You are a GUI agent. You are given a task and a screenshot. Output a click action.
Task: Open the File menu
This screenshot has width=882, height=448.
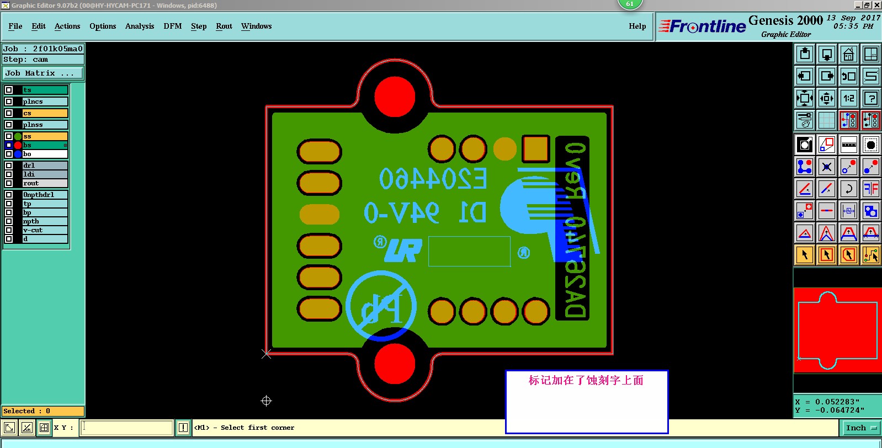15,26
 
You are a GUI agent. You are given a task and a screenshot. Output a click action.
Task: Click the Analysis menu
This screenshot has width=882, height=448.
140,26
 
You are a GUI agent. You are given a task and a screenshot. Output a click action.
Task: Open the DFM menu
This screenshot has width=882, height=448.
173,26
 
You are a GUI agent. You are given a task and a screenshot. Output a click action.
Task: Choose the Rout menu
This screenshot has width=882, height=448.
224,26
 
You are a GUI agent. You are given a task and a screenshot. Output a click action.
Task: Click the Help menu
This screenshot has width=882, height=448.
637,26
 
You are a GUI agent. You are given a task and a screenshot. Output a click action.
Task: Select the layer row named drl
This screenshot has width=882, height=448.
44,166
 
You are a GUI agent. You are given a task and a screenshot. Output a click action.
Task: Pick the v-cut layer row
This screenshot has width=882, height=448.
44,230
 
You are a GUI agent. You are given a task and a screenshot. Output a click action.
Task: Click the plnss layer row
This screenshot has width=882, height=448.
44,125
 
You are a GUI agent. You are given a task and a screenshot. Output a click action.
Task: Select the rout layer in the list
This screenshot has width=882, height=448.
44,183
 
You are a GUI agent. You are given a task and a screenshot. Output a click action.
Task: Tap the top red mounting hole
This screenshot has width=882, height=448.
395,97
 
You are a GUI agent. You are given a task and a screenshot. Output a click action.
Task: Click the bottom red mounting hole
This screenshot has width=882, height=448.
395,364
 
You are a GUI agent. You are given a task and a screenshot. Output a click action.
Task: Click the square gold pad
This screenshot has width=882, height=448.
535,148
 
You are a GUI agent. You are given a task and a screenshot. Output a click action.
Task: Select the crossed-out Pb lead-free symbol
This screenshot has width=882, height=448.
381,306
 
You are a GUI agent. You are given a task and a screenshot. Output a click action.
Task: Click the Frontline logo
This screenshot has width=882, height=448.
703,26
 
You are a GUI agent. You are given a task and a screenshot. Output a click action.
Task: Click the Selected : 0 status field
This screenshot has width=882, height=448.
43,411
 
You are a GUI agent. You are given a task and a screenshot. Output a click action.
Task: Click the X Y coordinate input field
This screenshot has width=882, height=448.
127,428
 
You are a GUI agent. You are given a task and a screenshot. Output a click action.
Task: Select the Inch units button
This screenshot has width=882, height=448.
860,428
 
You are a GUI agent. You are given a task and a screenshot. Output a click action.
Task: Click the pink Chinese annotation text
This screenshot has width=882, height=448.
586,381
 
